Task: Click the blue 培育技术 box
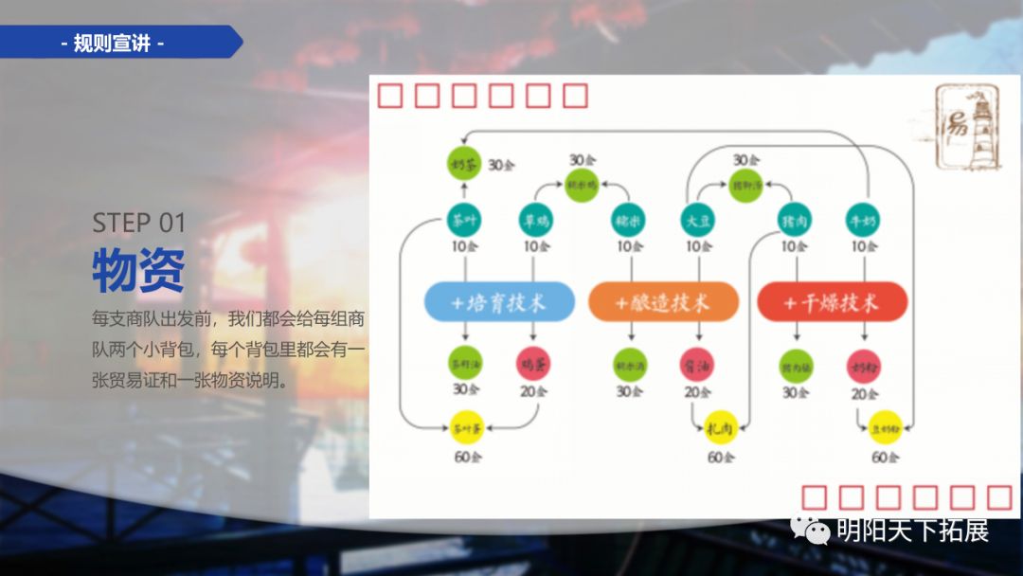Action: (x=498, y=302)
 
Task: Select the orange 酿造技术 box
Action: (x=662, y=302)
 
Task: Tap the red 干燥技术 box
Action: (x=832, y=302)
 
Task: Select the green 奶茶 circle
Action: (x=464, y=164)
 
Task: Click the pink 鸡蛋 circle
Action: (x=534, y=363)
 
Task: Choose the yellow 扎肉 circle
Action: (x=721, y=427)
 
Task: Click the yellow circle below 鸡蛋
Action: (x=465, y=427)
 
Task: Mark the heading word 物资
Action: (x=138, y=270)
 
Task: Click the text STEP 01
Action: (x=139, y=223)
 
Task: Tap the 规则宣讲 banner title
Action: (x=112, y=43)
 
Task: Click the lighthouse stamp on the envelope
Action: (x=966, y=125)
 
